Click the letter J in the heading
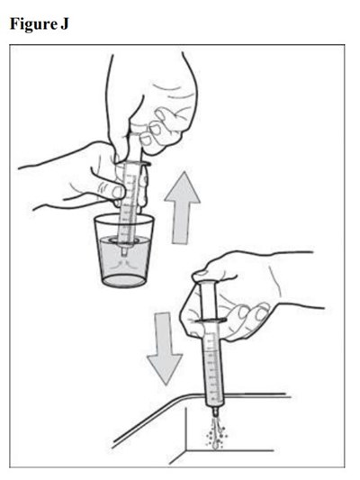coord(64,23)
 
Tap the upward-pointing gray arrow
coord(183,207)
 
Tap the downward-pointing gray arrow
coord(165,349)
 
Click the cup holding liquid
coord(124,250)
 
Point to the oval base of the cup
coord(124,281)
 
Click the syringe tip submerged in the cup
coord(124,251)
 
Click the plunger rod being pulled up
coord(135,147)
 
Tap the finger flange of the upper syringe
coord(134,164)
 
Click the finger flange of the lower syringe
coord(211,321)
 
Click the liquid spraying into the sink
coord(216,432)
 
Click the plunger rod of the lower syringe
coord(208,301)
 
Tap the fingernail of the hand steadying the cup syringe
coord(118,192)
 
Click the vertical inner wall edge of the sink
coord(186,430)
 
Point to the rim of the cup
coord(124,219)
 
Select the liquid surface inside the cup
coord(124,240)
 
